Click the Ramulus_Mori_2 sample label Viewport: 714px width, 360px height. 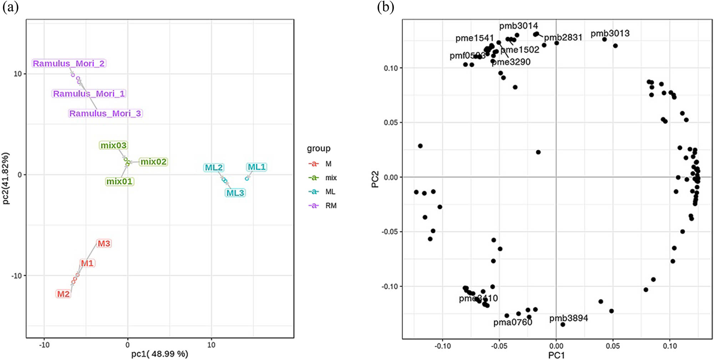[69, 64]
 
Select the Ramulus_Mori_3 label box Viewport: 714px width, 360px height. [105, 114]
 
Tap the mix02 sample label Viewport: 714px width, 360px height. [153, 162]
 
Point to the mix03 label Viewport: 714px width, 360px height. [113, 145]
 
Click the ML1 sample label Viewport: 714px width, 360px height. [256, 167]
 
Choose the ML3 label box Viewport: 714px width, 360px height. [235, 193]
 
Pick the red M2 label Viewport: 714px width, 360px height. [63, 294]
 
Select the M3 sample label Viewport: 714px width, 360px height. [104, 244]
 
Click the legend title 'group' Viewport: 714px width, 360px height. [318, 148]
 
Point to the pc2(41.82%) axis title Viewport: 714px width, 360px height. [6, 178]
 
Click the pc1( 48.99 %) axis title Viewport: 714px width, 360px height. [160, 354]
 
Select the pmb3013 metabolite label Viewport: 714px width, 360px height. [610, 34]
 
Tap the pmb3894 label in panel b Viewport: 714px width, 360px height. [568, 318]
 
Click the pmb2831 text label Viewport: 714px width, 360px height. [563, 37]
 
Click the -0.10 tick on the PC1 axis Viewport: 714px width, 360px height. [442, 346]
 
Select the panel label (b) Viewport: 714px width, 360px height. [386, 7]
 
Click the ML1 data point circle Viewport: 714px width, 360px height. [247, 179]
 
